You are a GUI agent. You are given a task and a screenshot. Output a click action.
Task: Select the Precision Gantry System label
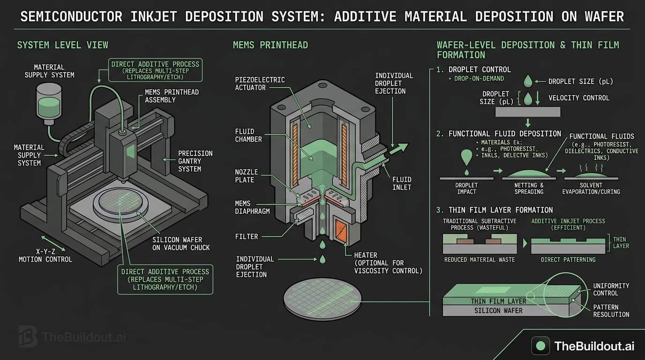(195, 161)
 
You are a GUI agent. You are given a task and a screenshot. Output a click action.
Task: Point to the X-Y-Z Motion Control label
(45, 255)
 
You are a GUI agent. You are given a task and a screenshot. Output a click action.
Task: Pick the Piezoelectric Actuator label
(260, 83)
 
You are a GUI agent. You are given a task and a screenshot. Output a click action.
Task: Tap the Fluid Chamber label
(248, 135)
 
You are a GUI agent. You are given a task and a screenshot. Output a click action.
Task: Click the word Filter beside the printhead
(247, 237)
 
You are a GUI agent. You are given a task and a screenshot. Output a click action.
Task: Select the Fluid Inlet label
(402, 183)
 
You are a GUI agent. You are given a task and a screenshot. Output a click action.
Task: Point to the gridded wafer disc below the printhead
(322, 299)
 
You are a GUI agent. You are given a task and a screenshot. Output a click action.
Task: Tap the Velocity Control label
(579, 98)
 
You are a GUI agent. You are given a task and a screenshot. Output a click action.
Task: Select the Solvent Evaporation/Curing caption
(592, 188)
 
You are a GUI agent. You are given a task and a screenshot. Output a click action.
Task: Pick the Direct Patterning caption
(568, 259)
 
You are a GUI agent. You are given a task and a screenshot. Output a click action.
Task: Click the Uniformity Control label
(611, 289)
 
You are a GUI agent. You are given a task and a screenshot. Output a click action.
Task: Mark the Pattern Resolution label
(611, 311)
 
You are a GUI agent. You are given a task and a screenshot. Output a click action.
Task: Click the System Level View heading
(62, 45)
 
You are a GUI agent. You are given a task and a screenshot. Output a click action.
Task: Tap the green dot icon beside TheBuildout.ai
(540, 346)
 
